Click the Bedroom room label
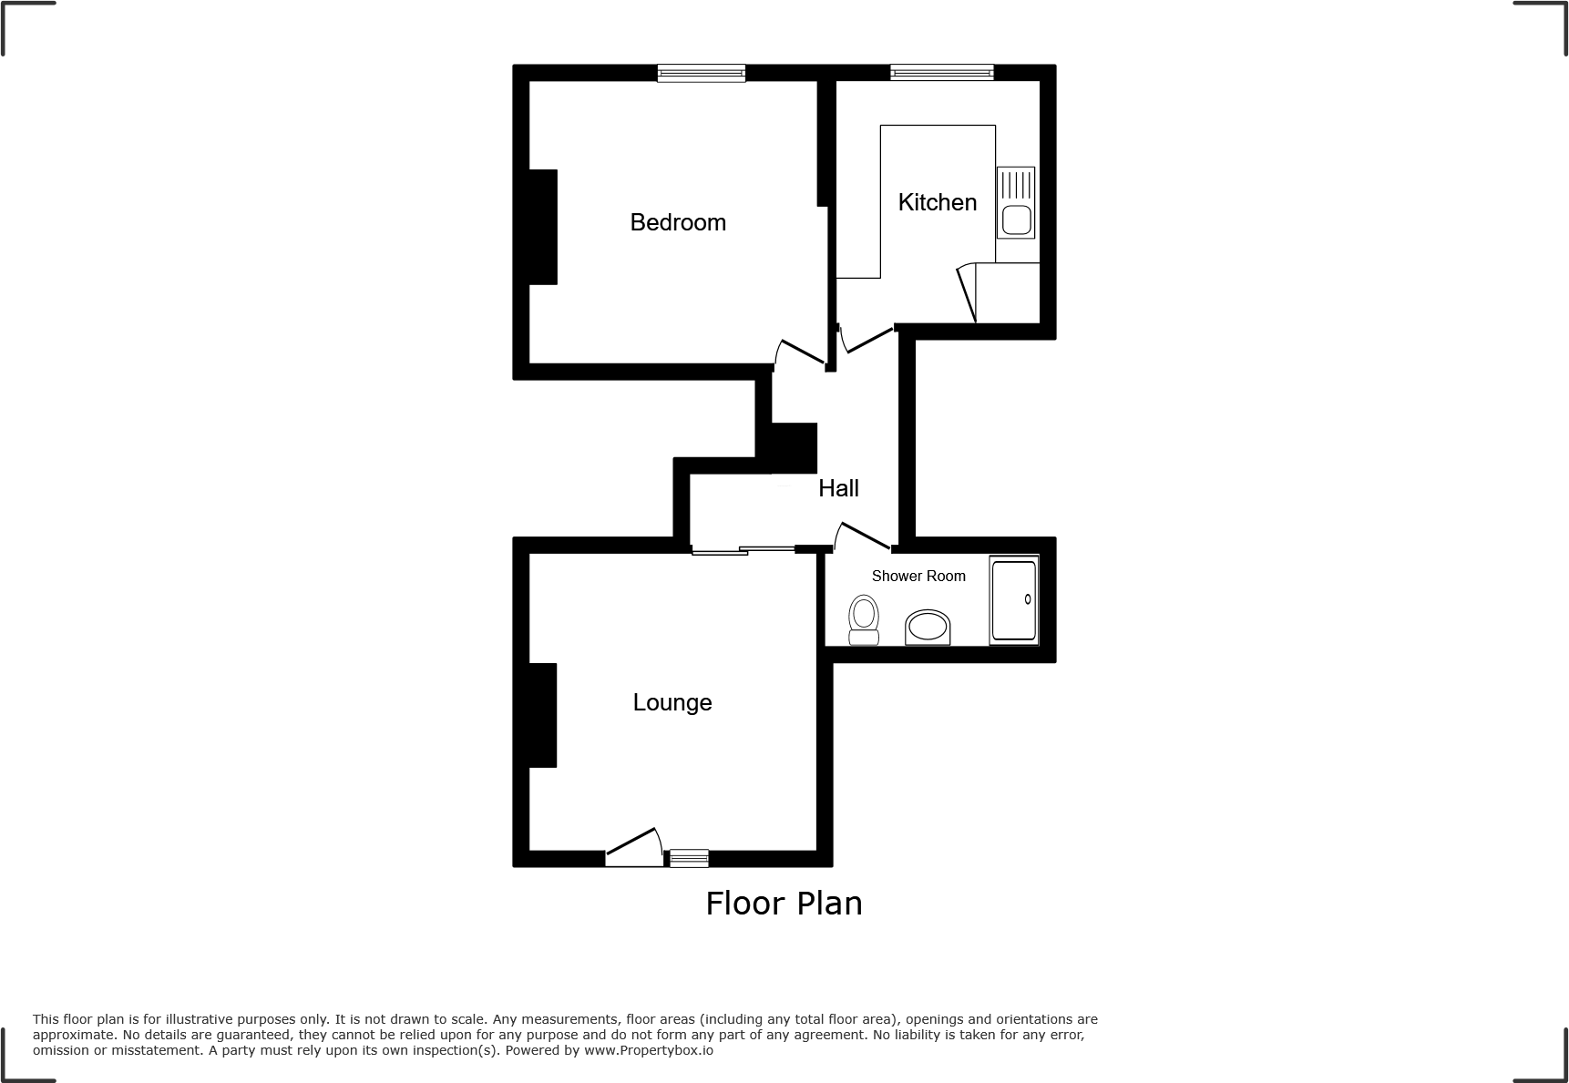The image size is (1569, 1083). (x=678, y=222)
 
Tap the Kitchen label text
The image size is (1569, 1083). (x=937, y=202)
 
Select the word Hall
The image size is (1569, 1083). (x=838, y=488)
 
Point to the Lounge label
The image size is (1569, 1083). (x=672, y=702)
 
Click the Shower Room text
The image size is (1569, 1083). (x=918, y=576)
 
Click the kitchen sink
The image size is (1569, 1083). (x=1016, y=220)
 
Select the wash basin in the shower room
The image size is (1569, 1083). (x=928, y=628)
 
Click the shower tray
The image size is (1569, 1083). (x=1013, y=599)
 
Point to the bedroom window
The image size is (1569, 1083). (x=702, y=74)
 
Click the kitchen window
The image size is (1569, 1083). (x=941, y=73)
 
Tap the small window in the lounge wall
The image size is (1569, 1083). (x=689, y=857)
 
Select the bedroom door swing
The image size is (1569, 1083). (x=799, y=353)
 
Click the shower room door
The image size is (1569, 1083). (x=862, y=536)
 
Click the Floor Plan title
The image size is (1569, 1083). (x=784, y=904)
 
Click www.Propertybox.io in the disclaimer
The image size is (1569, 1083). (x=648, y=1050)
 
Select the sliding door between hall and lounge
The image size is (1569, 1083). (x=743, y=549)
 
